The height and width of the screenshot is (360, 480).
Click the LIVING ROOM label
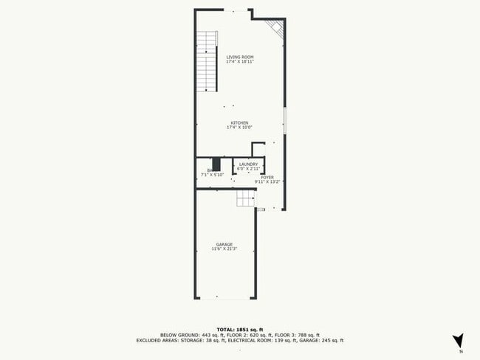[x=239, y=57]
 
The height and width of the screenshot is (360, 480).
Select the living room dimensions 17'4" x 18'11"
[x=239, y=61]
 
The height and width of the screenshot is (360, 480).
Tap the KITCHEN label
[x=239, y=122]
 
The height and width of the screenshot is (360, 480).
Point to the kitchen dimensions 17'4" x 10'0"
[x=239, y=127]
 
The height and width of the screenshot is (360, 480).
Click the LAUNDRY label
[x=248, y=165]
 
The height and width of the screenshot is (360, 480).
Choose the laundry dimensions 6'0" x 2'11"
[x=248, y=169]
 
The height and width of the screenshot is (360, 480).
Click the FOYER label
[x=267, y=177]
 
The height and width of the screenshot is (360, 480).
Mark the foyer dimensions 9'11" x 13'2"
[x=267, y=181]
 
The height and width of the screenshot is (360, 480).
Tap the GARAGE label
[x=224, y=244]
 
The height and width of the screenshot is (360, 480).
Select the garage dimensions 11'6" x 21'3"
[x=224, y=249]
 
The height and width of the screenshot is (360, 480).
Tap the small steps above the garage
[x=245, y=198]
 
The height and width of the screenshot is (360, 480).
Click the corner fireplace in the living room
[x=276, y=28]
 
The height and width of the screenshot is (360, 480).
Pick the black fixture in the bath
[x=216, y=164]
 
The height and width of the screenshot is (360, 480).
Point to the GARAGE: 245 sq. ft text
[x=323, y=341]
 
